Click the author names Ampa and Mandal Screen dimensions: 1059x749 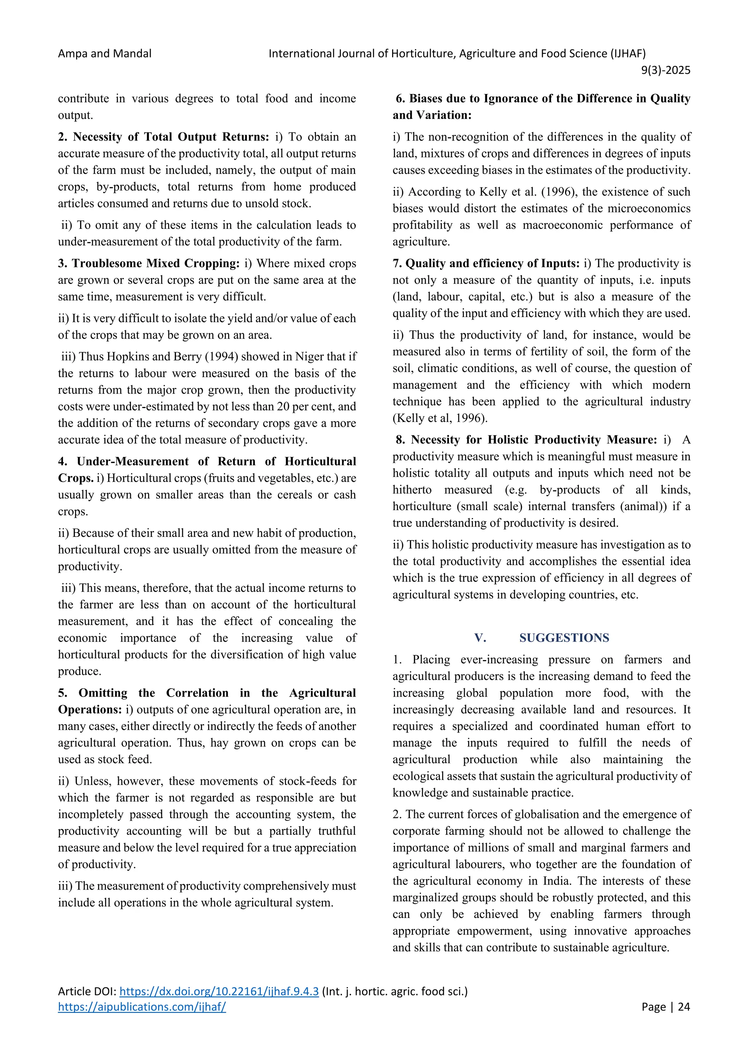point(105,53)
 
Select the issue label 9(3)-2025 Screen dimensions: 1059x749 point(666,70)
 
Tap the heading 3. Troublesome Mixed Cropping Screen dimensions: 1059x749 point(149,263)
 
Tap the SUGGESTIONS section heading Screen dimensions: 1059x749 point(564,638)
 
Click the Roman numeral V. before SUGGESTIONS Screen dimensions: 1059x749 point(480,638)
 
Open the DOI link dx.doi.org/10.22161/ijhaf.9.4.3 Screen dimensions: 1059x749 point(219,991)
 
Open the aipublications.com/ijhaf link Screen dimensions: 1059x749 point(142,1007)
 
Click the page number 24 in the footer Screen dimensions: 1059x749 point(684,1007)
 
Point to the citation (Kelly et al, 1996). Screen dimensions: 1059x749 point(440,418)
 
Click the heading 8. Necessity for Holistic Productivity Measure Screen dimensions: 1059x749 point(526,440)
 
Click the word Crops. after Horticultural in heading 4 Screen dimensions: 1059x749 point(76,478)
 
